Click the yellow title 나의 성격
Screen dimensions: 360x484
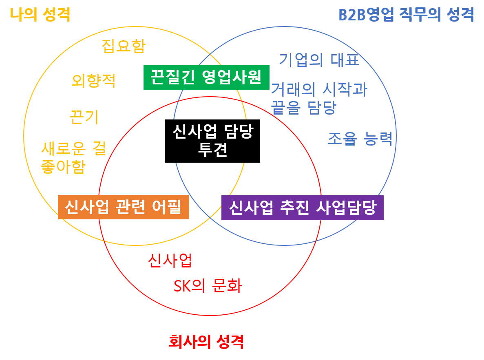pyautogui.click(x=40, y=15)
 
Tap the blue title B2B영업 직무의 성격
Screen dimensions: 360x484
pyautogui.click(x=407, y=15)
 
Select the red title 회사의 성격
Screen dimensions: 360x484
pyautogui.click(x=206, y=341)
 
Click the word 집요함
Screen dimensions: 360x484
pyautogui.click(x=123, y=46)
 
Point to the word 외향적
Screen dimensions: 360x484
pyautogui.click(x=93, y=81)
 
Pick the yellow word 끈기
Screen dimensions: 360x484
pyautogui.click(x=84, y=117)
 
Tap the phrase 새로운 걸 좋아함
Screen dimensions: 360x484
pyautogui.click(x=73, y=158)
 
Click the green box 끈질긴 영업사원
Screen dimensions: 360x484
pyautogui.click(x=206, y=77)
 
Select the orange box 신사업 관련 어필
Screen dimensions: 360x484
pyautogui.click(x=123, y=207)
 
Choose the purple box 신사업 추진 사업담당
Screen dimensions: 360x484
pyautogui.click(x=302, y=208)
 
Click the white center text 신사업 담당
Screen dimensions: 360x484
pyautogui.click(x=213, y=131)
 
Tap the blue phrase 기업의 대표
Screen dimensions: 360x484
pyautogui.click(x=319, y=60)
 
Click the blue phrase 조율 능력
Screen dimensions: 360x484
pyautogui.click(x=360, y=139)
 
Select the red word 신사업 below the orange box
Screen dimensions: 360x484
pyautogui.click(x=170, y=261)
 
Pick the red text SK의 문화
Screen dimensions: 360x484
pyautogui.click(x=208, y=286)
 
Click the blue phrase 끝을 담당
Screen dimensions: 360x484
pyautogui.click(x=304, y=107)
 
